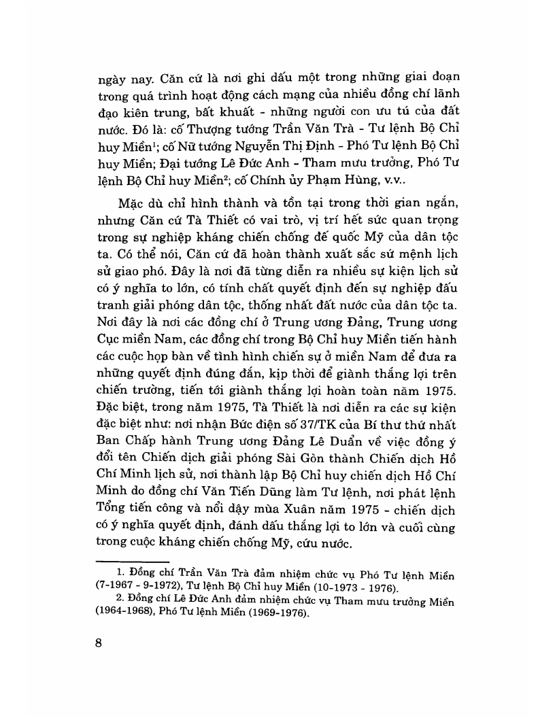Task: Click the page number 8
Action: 99,644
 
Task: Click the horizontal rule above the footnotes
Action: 140,562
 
